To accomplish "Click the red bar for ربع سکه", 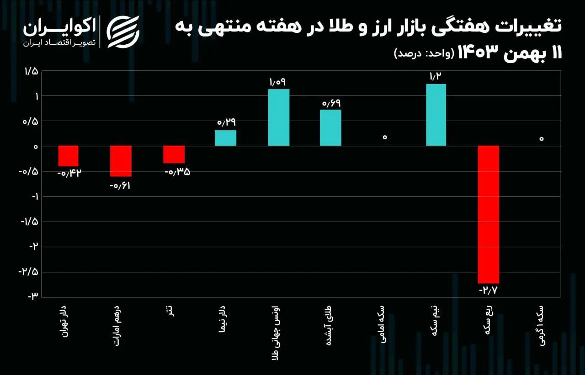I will [489, 214].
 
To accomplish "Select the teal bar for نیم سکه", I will [436, 115].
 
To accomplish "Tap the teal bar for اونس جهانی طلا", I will [278, 117].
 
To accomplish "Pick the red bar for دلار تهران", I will [69, 156].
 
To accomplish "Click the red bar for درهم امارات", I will [121, 161].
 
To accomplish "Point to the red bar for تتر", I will [174, 154].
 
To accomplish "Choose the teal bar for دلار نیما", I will [226, 138].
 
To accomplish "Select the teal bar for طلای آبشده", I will [330, 127].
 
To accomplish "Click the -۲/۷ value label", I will [489, 290].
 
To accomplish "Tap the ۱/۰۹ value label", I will [277, 82].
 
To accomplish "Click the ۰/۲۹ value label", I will [226, 122].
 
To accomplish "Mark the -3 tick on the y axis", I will [33, 297].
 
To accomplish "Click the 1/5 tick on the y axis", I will [32, 71].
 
